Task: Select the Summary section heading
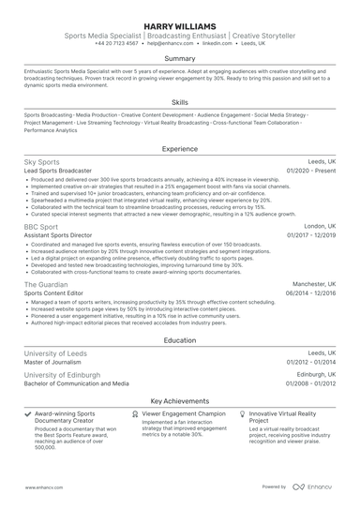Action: coord(180,58)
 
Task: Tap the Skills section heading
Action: coord(180,102)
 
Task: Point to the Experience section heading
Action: coord(180,148)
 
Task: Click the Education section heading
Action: coord(180,340)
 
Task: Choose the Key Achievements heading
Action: coord(180,400)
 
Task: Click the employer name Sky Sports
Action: coord(41,162)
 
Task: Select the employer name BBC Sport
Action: coord(40,227)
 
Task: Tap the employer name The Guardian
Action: coord(46,283)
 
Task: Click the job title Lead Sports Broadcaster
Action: coord(58,172)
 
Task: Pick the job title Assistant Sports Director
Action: coord(61,236)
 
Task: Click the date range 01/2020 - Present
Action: coord(310,172)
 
